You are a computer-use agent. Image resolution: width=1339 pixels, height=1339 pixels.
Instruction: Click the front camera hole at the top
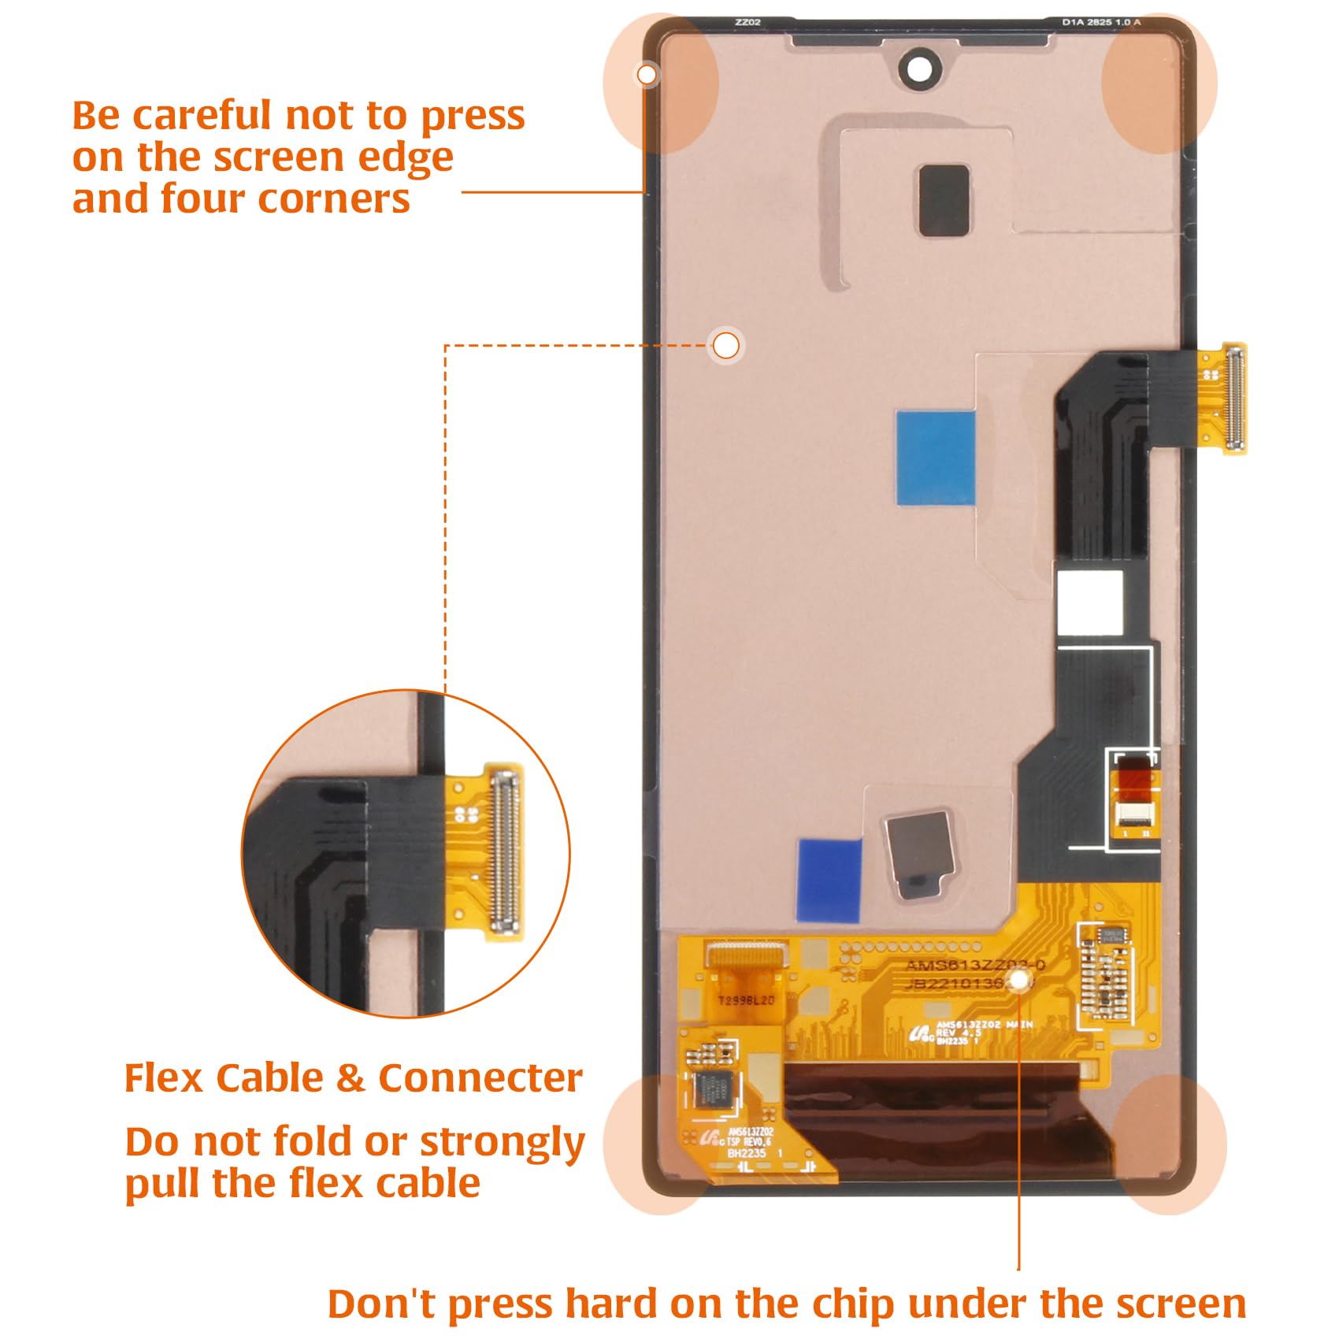[x=919, y=69]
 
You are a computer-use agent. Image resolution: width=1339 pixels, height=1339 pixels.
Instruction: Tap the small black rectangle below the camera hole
[x=944, y=200]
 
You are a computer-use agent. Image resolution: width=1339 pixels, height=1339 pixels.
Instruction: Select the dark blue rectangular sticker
[x=829, y=880]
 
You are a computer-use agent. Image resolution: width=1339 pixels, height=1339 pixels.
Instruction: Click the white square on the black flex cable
[x=1089, y=603]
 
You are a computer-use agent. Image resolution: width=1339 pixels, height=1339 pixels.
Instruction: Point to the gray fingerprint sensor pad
[x=919, y=853]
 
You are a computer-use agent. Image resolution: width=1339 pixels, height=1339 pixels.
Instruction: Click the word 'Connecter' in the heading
[x=480, y=1078]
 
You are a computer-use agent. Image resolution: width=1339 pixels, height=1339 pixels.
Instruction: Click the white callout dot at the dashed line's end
[x=726, y=345]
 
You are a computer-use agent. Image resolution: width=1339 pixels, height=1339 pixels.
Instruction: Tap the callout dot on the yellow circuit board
[x=1019, y=979]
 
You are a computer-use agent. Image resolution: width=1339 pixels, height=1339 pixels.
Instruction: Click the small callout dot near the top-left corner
[x=647, y=75]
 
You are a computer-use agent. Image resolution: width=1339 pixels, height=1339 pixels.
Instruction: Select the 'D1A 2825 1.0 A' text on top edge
[x=1100, y=22]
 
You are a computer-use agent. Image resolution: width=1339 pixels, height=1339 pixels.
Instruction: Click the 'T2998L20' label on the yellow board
[x=745, y=1000]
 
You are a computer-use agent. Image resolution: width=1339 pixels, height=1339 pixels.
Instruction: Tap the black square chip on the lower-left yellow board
[x=713, y=1089]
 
